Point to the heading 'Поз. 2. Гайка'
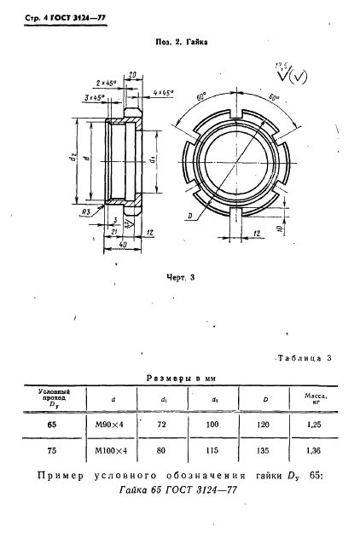pos(180,40)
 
